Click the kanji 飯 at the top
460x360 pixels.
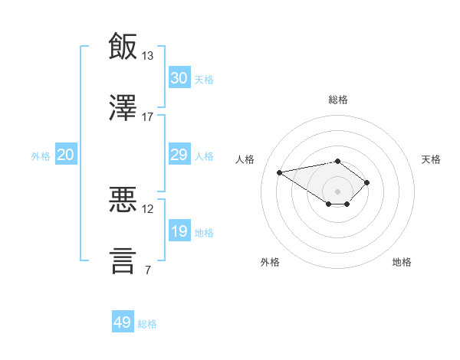[x=123, y=46]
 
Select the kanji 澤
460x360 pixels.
[x=123, y=107]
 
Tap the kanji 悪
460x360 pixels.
[x=123, y=199]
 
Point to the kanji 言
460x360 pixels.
[x=123, y=261]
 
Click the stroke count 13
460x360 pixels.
[x=147, y=56]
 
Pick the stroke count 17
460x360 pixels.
[x=147, y=117]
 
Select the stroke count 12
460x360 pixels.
[x=147, y=209]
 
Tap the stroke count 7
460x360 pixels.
[x=148, y=270]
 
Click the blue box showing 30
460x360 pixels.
[x=179, y=77]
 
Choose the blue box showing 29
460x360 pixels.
[x=179, y=154]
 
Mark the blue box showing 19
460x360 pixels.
[x=179, y=230]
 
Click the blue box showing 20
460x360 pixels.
[x=66, y=154]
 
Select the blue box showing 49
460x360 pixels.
[x=123, y=321]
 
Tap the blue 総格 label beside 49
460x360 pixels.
[x=147, y=324]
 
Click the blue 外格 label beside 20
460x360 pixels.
[x=41, y=156]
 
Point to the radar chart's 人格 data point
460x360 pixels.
[x=279, y=172]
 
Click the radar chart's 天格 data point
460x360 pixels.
[x=366, y=182]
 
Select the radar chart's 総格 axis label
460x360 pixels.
[x=338, y=100]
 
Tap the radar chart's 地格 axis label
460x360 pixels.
[x=402, y=262]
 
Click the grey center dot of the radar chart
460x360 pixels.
[x=337, y=191]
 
